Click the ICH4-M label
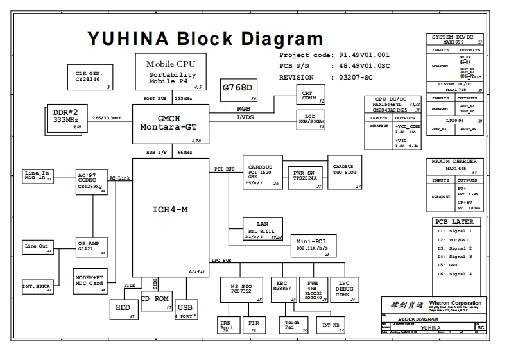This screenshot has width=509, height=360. pyautogui.click(x=170, y=209)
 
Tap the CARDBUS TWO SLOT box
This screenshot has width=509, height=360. pyautogui.click(x=345, y=171)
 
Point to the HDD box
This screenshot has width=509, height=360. pyautogui.click(x=123, y=308)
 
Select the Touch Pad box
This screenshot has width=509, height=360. pyautogui.click(x=293, y=325)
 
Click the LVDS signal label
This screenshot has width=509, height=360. pyautogui.click(x=245, y=117)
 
